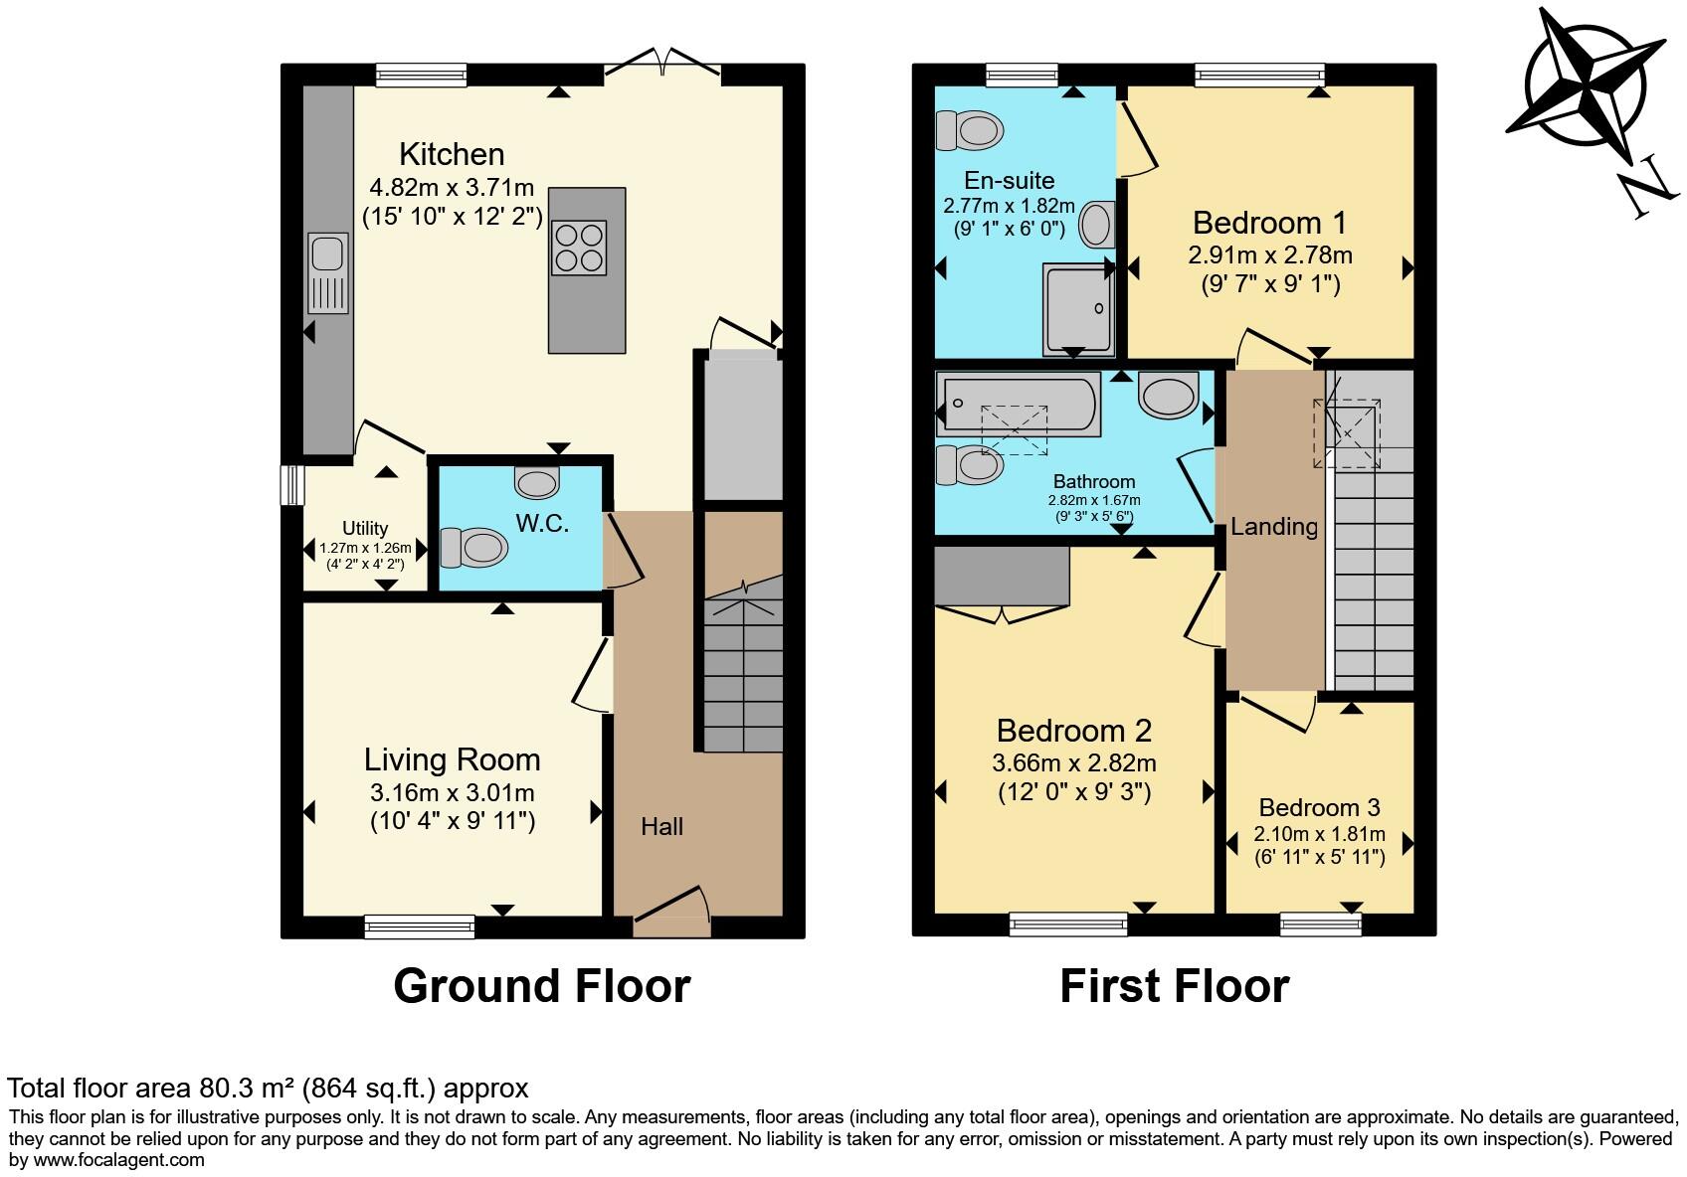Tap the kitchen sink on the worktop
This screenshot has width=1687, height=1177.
tap(327, 272)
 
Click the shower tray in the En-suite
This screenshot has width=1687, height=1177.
tap(1078, 308)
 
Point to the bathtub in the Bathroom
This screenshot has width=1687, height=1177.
tap(1017, 405)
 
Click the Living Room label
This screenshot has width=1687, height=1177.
tap(452, 759)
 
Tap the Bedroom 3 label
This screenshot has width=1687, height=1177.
tap(1319, 807)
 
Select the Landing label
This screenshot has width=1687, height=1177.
tap(1273, 526)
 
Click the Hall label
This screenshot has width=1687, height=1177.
tap(661, 826)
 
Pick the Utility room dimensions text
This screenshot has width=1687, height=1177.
tap(365, 555)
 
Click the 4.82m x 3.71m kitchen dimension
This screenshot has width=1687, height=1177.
tap(452, 187)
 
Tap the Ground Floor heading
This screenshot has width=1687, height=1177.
tap(541, 986)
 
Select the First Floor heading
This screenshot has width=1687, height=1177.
tap(1174, 986)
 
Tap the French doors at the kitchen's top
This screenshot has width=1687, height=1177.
tap(662, 66)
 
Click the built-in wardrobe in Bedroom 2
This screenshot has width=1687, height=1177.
tap(1002, 577)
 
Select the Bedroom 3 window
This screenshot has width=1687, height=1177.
tap(1320, 925)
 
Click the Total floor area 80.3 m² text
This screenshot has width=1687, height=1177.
tap(269, 1088)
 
